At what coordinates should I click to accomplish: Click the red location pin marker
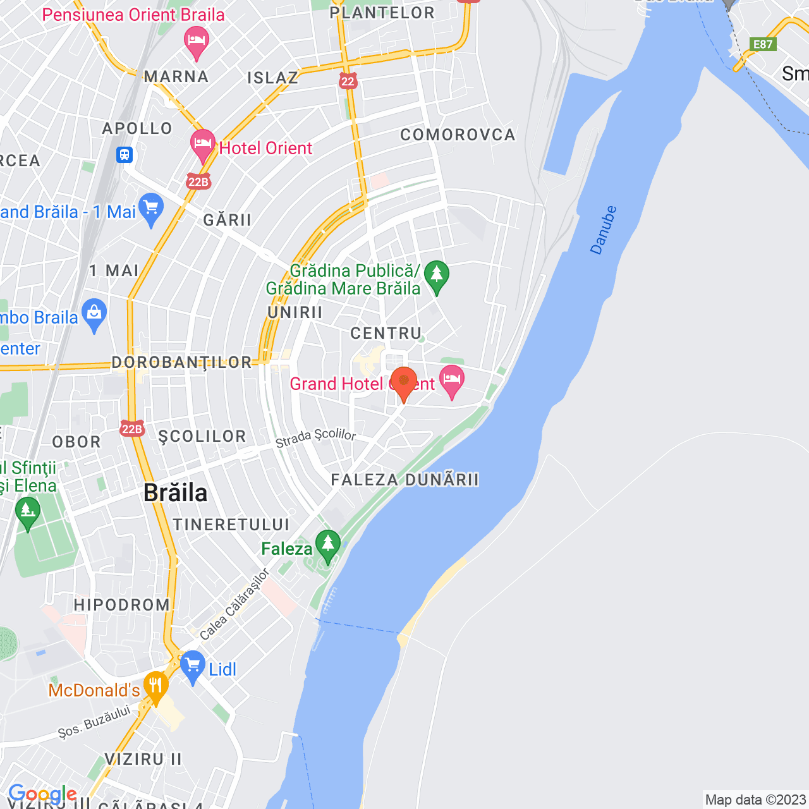pos(403,382)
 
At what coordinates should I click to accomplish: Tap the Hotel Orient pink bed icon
pos(202,145)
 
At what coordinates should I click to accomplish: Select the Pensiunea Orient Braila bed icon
pos(197,41)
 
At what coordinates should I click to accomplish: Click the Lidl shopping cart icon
pos(192,666)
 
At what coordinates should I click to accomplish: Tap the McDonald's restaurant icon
pos(155,687)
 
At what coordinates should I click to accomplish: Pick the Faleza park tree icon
pos(327,545)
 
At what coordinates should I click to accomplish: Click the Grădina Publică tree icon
pos(436,276)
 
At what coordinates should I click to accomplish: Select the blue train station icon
pos(125,154)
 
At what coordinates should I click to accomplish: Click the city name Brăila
pos(175,493)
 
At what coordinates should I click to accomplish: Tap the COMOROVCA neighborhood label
pos(458,135)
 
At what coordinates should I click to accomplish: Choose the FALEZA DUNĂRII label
pos(404,480)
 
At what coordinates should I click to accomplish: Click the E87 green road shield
pos(762,44)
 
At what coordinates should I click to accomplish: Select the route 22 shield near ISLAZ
pos(348,81)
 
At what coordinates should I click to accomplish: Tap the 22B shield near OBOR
pos(131,429)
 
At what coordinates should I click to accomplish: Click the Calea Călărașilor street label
pos(234,605)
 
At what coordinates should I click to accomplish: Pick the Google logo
pos(42,794)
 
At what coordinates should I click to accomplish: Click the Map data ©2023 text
pos(755,800)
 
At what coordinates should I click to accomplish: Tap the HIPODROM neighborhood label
pos(122,605)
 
